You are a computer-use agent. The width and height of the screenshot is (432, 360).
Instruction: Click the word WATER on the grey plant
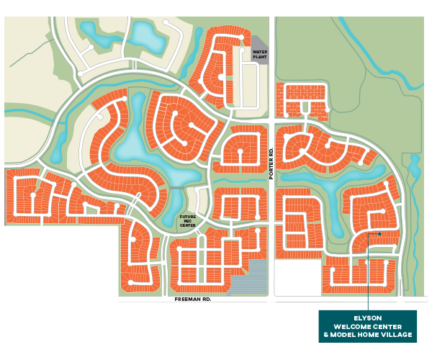pyautogui.click(x=260, y=52)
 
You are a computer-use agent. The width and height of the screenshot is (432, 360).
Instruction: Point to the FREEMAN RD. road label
pyautogui.click(x=193, y=298)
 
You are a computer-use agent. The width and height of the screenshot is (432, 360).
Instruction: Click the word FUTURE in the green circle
pyautogui.click(x=187, y=217)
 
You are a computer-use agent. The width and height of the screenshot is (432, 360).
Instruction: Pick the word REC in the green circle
pyautogui.click(x=187, y=221)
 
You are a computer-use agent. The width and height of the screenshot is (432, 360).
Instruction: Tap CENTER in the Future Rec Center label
pyautogui.click(x=187, y=226)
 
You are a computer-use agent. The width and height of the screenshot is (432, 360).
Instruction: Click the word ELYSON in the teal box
pyautogui.click(x=367, y=318)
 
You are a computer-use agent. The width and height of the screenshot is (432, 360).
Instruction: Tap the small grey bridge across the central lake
pyautogui.click(x=178, y=188)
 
